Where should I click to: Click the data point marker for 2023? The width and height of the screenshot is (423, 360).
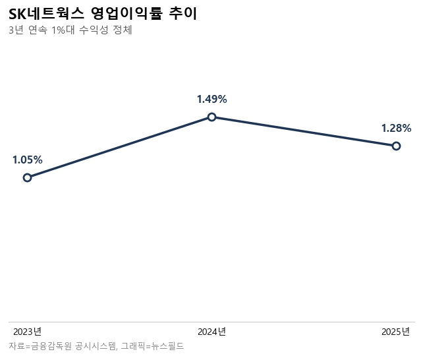coord(27,177)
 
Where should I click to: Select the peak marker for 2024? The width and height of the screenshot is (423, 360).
coord(211,117)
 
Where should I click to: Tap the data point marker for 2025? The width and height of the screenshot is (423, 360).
coord(396,146)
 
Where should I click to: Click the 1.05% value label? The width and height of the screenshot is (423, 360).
coord(27,160)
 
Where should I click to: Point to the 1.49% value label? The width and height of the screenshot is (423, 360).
coord(211,99)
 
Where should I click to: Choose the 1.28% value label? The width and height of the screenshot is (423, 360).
coord(396,128)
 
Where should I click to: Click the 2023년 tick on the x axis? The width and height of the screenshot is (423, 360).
coord(27,331)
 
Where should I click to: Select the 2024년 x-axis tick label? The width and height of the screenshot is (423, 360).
coord(211,331)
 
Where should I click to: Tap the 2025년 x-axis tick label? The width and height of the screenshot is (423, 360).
coord(396,331)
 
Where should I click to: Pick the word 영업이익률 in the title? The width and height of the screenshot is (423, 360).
coord(125,13)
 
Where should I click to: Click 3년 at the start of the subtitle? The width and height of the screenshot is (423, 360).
coord(16,30)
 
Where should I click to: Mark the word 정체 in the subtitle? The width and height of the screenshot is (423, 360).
coord(123,30)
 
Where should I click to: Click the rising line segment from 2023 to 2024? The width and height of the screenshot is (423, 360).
coord(119,147)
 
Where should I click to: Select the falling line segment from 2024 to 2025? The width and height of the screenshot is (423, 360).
coord(304,131)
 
